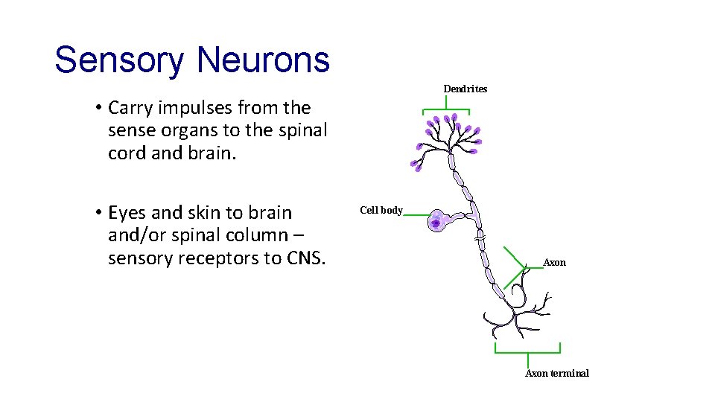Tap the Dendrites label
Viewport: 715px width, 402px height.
[x=465, y=89]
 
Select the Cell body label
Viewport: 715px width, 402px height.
[x=381, y=211]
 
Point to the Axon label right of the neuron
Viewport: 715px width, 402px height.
[x=555, y=263]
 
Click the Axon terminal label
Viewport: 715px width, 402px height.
[x=557, y=374]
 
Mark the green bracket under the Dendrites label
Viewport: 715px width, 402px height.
[x=446, y=110]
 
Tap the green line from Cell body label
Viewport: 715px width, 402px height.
[x=417, y=215]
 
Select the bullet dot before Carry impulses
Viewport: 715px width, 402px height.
[x=98, y=109]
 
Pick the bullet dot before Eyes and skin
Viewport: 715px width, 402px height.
[x=98, y=214]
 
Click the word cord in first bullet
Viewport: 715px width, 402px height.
[x=125, y=153]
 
